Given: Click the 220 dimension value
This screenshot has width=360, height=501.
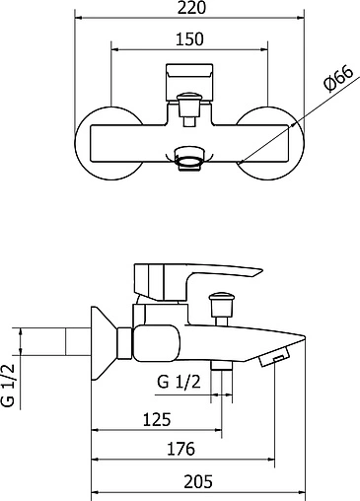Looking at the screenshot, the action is [191, 7].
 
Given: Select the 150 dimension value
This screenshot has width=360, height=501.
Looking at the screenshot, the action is [189, 39].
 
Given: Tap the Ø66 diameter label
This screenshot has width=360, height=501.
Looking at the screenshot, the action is [338, 79].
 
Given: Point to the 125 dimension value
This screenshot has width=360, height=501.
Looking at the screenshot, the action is [157, 419].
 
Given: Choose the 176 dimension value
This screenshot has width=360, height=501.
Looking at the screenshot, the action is [181, 449].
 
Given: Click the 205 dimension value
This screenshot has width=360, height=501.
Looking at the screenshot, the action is [198, 482].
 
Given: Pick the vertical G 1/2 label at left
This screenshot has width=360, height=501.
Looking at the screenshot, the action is [9, 386].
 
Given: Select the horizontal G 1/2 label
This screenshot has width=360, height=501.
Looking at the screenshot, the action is [179, 382].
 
